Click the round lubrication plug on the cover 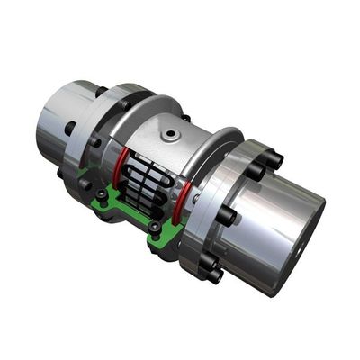[x=168, y=135]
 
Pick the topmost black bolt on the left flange [x=101, y=91]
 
